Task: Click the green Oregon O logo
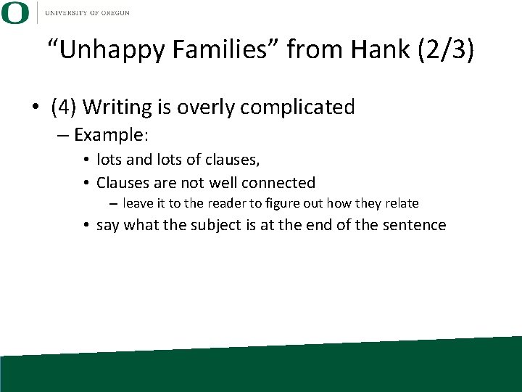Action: [x=15, y=12]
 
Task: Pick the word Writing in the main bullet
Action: [x=116, y=107]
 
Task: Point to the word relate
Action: [x=401, y=203]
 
